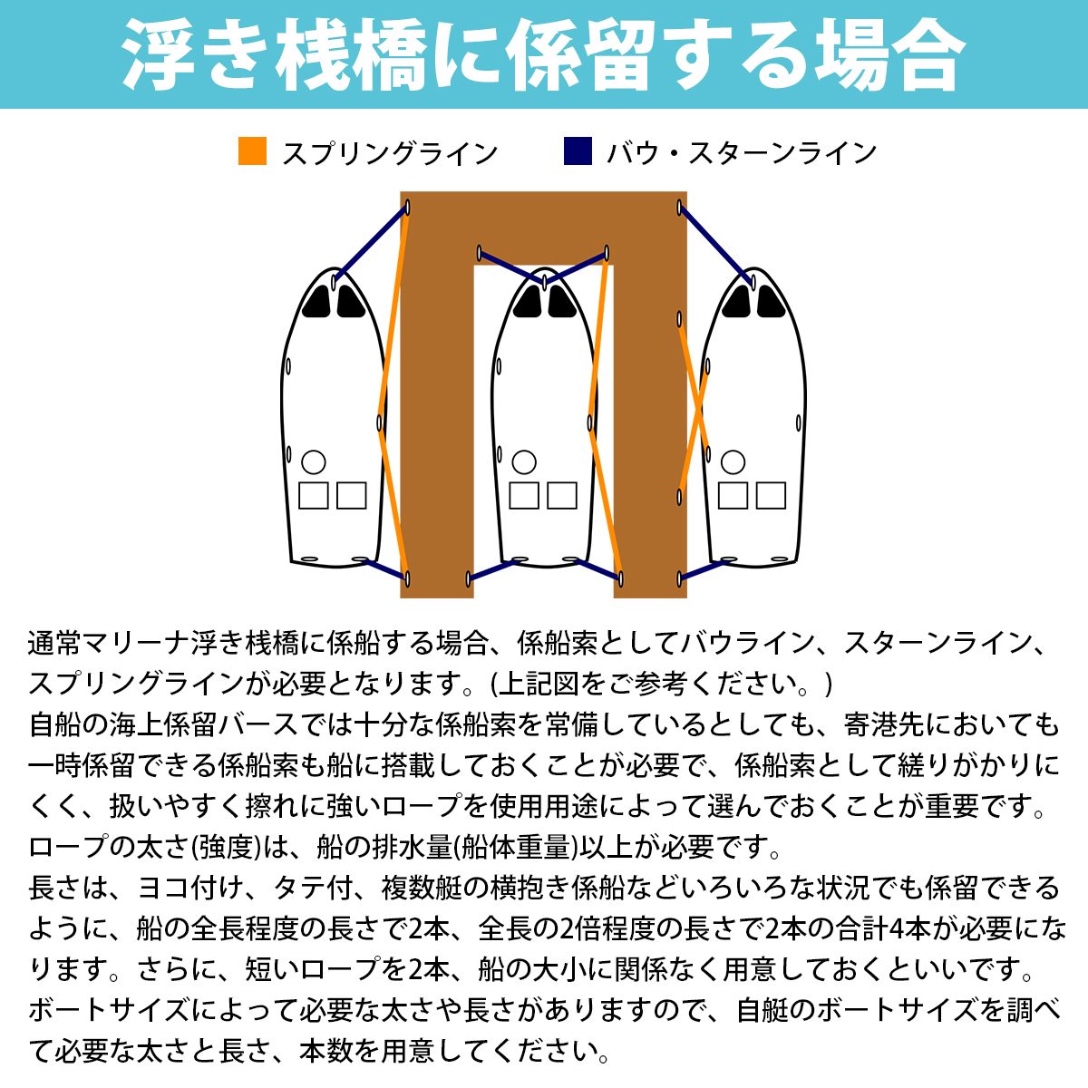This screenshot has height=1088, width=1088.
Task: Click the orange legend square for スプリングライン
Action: pyautogui.click(x=252, y=151)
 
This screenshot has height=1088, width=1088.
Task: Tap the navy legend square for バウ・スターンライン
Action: pyautogui.click(x=578, y=151)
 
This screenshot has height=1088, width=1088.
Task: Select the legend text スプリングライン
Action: pyautogui.click(x=390, y=153)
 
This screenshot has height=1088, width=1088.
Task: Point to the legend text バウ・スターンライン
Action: pyautogui.click(x=741, y=153)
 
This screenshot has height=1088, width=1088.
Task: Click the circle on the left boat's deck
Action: pyautogui.click(x=314, y=462)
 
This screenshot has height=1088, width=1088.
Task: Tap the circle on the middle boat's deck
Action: pyautogui.click(x=524, y=462)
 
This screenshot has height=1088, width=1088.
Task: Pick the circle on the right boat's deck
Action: pyautogui.click(x=733, y=462)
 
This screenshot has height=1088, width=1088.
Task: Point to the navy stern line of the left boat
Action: pyautogui.click(x=384, y=568)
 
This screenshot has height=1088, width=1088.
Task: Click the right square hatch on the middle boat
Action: pyautogui.click(x=562, y=496)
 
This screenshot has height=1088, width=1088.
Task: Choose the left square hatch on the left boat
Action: pyautogui.click(x=314, y=496)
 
